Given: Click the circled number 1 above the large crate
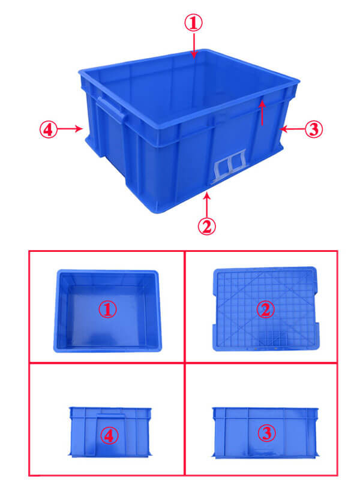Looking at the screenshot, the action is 193,23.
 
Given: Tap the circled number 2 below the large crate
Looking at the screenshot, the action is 207,226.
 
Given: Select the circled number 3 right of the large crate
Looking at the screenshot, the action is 314,129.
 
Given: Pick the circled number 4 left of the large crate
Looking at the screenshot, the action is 49,129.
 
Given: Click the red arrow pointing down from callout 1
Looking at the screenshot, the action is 194,46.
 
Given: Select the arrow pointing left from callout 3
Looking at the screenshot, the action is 292,129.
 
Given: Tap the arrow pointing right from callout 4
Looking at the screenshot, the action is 70,128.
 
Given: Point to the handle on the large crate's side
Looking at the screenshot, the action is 111,110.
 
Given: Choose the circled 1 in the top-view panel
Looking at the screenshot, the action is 107,309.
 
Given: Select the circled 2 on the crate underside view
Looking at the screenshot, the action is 265,309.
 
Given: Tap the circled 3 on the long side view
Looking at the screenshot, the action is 266,433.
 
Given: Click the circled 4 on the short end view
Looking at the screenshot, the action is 109,435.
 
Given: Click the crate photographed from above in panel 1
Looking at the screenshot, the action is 107,311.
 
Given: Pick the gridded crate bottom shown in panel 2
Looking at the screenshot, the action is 266,309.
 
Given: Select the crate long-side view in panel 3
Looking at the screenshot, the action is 265,433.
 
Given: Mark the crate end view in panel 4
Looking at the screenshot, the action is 110,432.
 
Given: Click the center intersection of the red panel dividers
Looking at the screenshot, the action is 185,363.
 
